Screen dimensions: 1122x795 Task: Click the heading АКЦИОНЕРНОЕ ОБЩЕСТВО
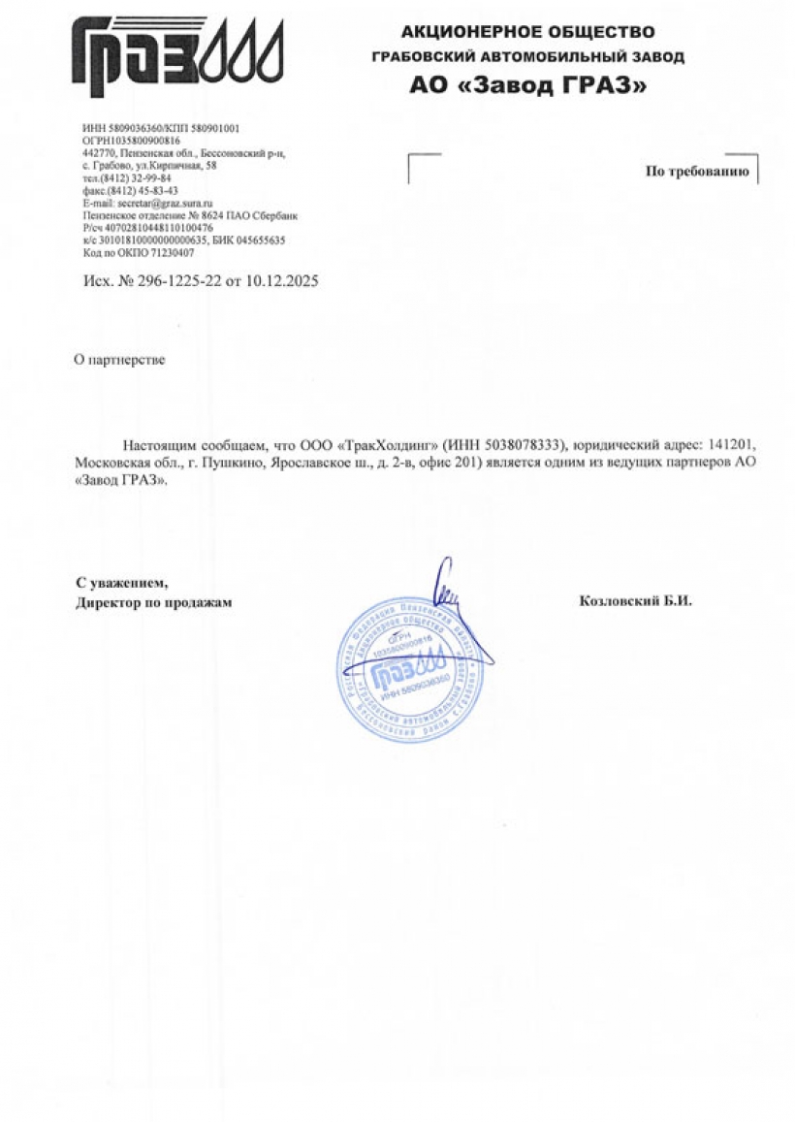(527, 33)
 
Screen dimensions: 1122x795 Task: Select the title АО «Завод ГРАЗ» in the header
(527, 86)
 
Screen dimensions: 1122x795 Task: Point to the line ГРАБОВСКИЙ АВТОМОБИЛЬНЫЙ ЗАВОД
(527, 58)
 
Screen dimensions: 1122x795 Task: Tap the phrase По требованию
(697, 172)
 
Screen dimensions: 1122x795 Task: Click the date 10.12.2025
(282, 280)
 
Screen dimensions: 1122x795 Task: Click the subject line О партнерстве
(120, 360)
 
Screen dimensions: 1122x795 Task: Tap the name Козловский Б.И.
(635, 601)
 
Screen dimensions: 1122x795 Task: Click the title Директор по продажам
(154, 602)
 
